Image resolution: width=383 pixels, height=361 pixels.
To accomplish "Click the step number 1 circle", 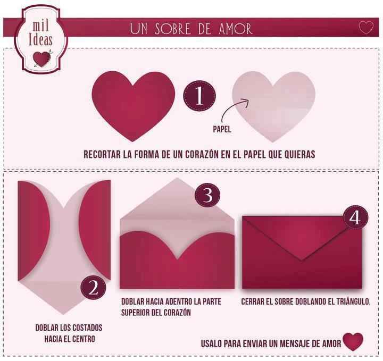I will tap(199, 97).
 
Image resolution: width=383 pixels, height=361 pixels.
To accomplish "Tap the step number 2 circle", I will tap(94, 288).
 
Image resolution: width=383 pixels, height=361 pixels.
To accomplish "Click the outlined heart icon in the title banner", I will tap(365, 28).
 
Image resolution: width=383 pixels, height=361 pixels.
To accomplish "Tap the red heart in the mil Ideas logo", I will tap(41, 58).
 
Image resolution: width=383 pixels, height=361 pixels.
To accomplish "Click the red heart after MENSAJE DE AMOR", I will tap(353, 341).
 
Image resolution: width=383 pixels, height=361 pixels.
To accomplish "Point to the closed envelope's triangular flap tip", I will tap(303, 259).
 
